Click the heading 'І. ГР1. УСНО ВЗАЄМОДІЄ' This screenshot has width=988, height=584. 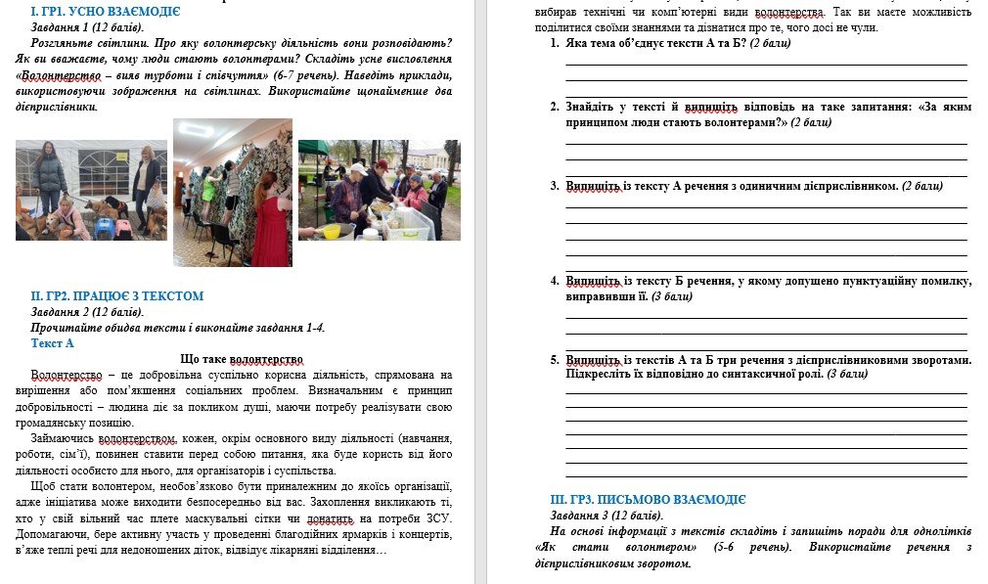pos(106,13)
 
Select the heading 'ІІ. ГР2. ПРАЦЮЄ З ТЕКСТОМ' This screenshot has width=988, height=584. pos(117,295)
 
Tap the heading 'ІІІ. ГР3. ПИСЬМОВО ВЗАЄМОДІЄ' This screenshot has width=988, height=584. pos(649,499)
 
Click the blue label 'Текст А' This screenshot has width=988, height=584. pos(53,343)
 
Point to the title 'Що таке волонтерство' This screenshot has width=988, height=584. pos(243,359)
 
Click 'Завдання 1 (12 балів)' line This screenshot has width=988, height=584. pos(87,28)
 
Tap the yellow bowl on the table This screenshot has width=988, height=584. pos(332,231)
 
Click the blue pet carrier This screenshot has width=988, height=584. pos(103,228)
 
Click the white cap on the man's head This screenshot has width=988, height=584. pos(357,168)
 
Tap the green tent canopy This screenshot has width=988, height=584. pos(313,148)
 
